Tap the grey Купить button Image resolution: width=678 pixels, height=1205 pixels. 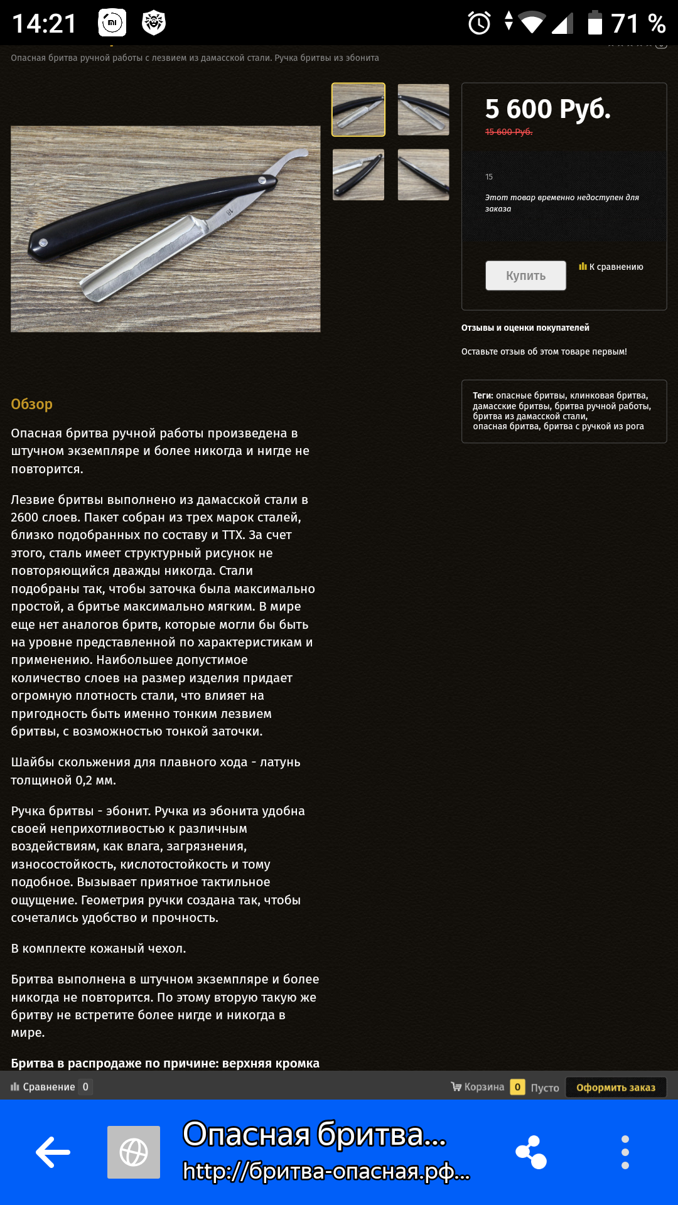click(525, 276)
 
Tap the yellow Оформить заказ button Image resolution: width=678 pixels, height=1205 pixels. click(615, 1087)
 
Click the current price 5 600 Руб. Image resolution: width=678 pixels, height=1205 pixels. click(547, 109)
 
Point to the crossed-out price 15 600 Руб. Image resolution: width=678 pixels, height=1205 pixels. click(508, 132)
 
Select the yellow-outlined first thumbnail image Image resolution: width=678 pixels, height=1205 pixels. click(358, 109)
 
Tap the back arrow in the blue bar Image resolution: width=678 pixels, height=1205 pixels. click(53, 1152)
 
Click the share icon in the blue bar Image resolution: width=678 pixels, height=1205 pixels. click(531, 1152)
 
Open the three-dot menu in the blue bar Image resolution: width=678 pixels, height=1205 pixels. click(625, 1152)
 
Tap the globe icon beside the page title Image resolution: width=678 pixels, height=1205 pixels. click(133, 1152)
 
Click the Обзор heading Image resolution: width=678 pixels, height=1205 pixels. click(31, 404)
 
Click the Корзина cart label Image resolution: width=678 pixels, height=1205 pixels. click(483, 1087)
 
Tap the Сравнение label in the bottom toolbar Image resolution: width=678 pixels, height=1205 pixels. click(48, 1087)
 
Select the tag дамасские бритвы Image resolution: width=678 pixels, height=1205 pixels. click(511, 406)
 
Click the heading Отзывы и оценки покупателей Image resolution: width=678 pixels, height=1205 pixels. click(525, 328)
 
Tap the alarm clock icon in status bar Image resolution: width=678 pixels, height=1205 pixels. click(479, 24)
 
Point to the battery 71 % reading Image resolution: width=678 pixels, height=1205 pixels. click(638, 24)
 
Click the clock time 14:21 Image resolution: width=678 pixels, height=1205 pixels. click(44, 24)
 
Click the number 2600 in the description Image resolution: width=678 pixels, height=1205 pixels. click(24, 518)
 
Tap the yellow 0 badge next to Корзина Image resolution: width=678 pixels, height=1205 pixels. click(517, 1087)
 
